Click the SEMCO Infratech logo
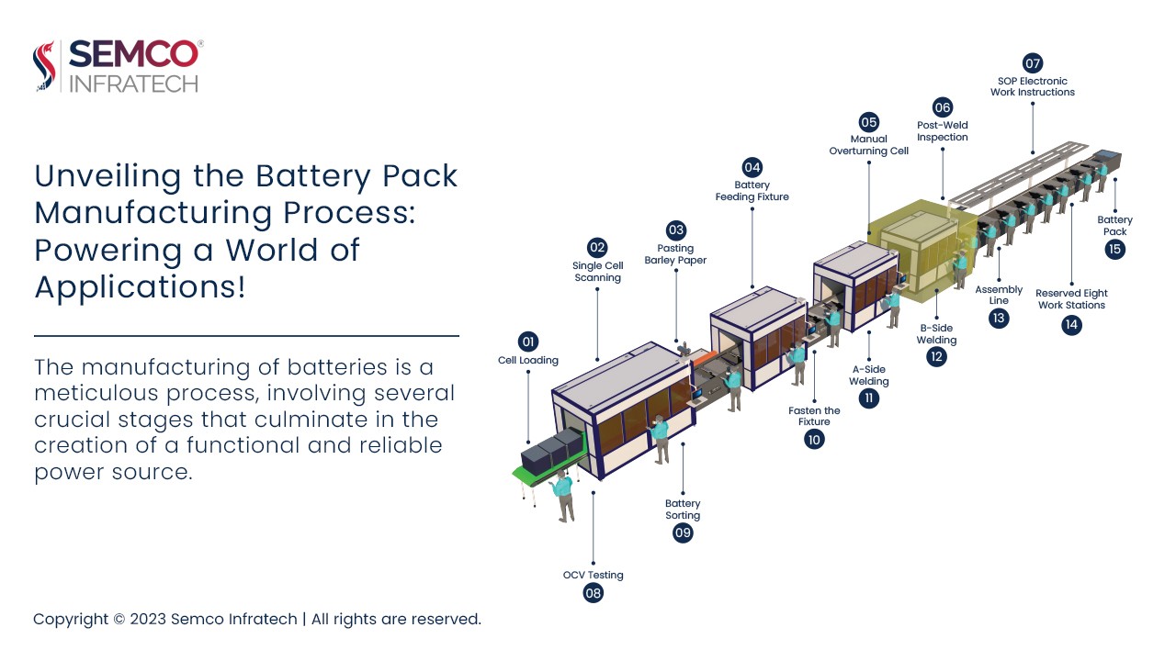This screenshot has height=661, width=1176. [118, 66]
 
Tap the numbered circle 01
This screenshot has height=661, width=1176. [528, 342]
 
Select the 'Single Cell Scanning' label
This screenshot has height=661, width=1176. [597, 272]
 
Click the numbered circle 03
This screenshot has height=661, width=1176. [675, 230]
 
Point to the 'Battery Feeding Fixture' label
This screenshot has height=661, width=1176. [752, 191]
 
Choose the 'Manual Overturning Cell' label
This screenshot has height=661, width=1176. [868, 145]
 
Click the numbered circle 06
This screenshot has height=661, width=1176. [943, 107]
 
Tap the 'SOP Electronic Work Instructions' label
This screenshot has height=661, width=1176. [1032, 86]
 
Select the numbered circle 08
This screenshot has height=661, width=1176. [594, 593]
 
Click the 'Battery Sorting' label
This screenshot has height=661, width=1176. [683, 510]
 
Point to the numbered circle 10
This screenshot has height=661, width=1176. [814, 439]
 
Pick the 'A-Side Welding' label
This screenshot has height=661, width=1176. [868, 375]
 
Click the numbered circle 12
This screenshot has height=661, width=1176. [936, 357]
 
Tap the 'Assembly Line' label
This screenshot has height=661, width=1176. [999, 296]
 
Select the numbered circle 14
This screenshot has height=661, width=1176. [1071, 324]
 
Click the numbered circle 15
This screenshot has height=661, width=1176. [1115, 249]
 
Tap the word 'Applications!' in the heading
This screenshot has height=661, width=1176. [140, 287]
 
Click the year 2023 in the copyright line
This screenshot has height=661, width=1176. [149, 619]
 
